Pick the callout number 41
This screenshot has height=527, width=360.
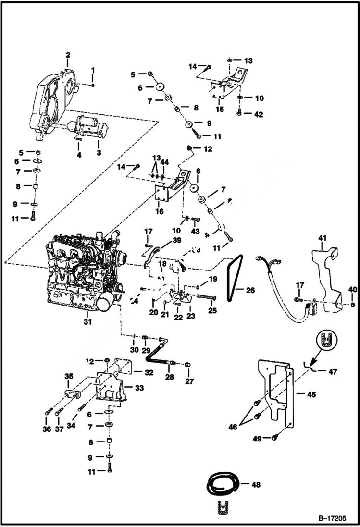tap(322, 237)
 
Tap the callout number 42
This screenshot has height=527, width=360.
tap(259, 114)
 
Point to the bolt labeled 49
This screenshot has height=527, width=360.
tap(274, 437)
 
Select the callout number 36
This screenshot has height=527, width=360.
tap(47, 429)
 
